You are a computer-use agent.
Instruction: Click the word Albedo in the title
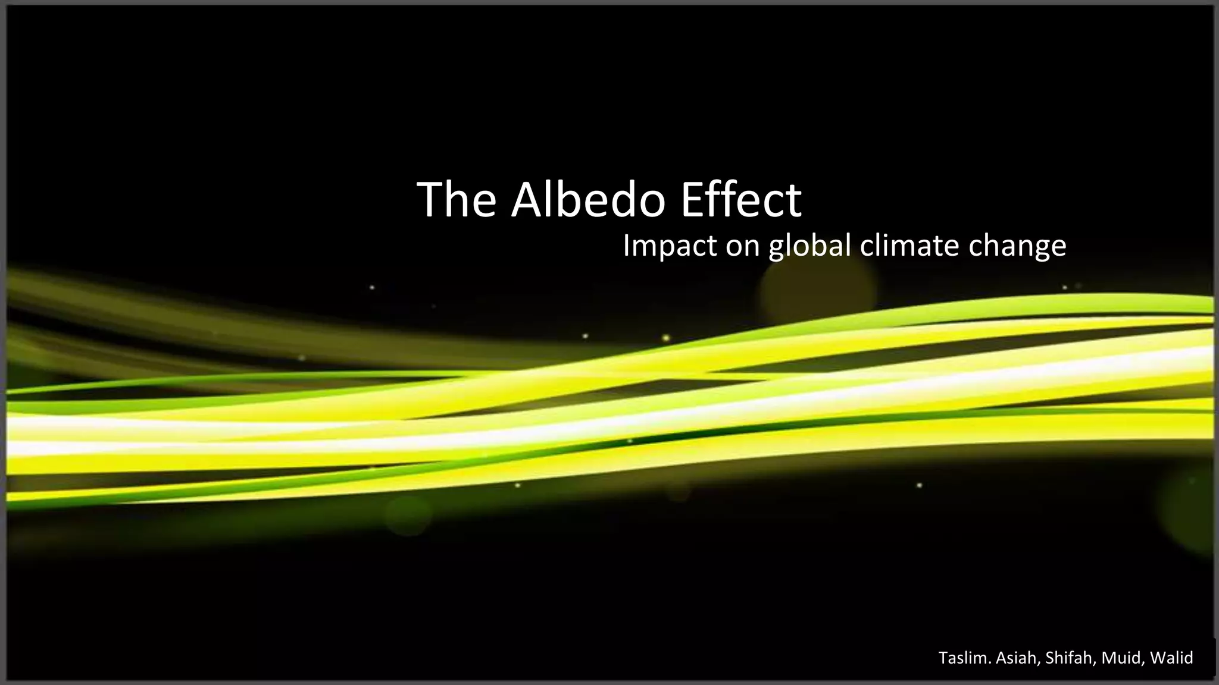point(588,200)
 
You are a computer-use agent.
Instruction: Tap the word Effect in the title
point(741,200)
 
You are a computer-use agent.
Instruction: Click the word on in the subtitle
point(742,246)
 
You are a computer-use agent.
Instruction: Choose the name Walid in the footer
point(1171,658)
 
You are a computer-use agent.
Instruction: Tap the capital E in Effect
point(692,200)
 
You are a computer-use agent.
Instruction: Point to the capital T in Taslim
point(943,658)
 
